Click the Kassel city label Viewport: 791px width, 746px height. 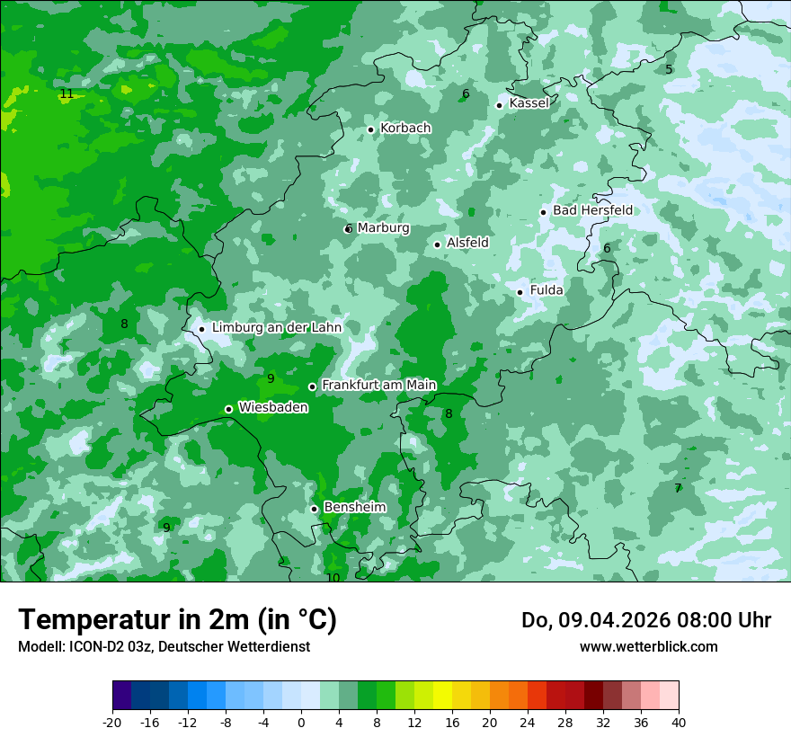click(529, 103)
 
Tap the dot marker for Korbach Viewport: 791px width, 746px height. click(370, 129)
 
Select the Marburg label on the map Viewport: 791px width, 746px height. click(383, 228)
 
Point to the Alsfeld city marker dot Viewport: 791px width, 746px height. click(438, 244)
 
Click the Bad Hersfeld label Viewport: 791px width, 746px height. click(592, 210)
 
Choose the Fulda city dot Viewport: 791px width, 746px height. click(520, 292)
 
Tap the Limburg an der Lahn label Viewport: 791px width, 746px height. click(277, 328)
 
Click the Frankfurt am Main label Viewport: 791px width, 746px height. click(378, 385)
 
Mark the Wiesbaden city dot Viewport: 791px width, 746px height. click(228, 410)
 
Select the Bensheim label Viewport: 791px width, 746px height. click(354, 507)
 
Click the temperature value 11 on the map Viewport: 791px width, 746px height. click(67, 93)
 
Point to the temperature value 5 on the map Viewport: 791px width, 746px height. click(669, 69)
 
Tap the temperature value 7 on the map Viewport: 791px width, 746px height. click(678, 488)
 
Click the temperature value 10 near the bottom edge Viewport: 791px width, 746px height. click(333, 578)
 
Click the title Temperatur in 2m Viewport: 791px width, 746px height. click(177, 620)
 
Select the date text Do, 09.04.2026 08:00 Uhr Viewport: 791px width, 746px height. click(645, 620)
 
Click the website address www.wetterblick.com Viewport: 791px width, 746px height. click(648, 646)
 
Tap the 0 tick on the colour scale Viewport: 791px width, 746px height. click(301, 722)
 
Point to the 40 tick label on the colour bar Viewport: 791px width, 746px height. click(678, 722)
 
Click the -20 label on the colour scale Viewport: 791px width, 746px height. click(112, 722)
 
